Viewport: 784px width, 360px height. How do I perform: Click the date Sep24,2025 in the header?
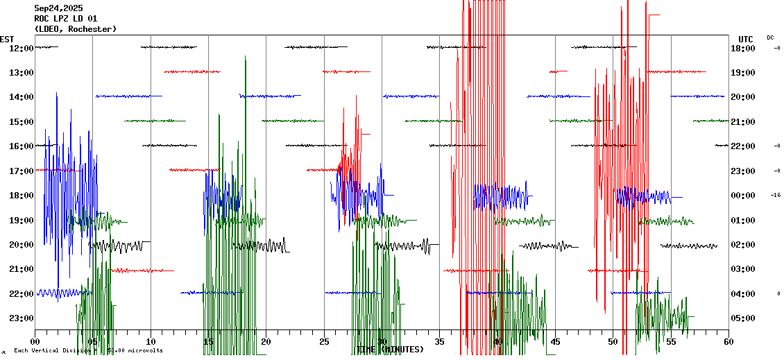pos(58,8)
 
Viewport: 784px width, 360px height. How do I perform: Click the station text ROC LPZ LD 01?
pos(66,19)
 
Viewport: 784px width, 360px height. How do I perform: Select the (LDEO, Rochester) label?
pos(75,29)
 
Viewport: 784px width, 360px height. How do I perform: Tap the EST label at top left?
pos(7,39)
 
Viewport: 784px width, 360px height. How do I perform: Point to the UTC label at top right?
pos(746,39)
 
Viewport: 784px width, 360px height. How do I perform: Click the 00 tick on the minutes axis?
pos(35,341)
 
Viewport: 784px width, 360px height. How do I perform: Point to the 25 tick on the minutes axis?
pos(324,341)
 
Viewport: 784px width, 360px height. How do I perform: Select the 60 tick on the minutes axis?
pos(728,341)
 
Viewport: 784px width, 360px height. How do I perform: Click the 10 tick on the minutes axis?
pos(151,341)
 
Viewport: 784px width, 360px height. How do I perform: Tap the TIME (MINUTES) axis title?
pos(389,350)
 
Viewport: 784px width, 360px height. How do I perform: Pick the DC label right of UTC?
pos(770,37)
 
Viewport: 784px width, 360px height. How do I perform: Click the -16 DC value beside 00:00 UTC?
pos(776,196)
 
